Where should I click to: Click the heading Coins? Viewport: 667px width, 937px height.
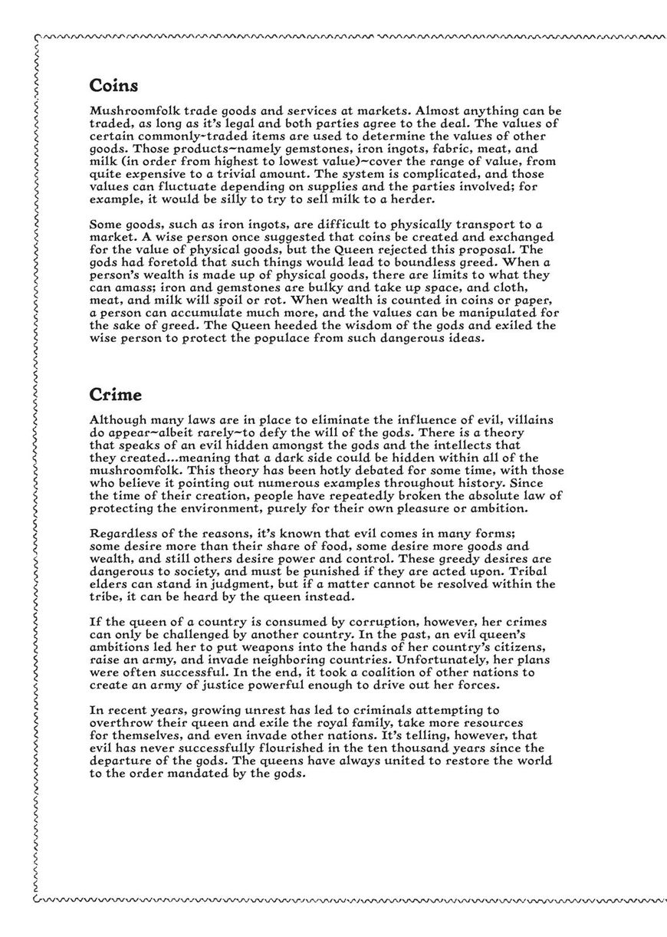(x=113, y=85)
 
